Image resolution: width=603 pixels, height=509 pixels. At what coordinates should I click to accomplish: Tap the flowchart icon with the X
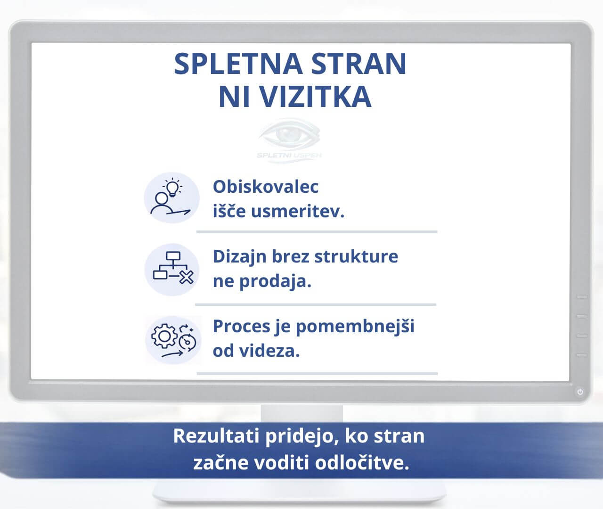[x=172, y=269]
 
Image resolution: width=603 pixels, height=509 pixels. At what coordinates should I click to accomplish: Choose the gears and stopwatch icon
[x=172, y=340]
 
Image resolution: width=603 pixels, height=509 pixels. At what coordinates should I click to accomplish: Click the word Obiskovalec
[x=266, y=187]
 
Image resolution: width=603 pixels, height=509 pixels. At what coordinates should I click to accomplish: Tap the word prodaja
[x=276, y=281]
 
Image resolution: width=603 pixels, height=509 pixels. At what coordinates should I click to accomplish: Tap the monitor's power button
[x=580, y=392]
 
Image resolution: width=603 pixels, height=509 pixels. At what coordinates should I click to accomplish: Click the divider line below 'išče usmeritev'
[x=317, y=232]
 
